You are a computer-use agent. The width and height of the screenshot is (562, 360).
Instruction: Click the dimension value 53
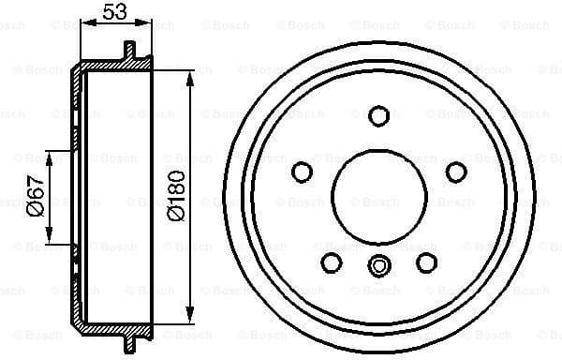pyautogui.click(x=115, y=11)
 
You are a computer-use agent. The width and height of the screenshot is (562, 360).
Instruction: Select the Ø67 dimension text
pyautogui.click(x=34, y=199)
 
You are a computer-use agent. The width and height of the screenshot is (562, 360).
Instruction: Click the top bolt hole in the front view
pyautogui.click(x=378, y=115)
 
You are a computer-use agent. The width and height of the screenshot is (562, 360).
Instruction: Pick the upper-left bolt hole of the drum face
pyautogui.click(x=303, y=172)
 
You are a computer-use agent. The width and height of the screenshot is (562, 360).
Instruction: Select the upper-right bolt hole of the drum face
pyautogui.click(x=456, y=172)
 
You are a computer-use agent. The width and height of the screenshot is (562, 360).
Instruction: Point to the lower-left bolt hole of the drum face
pyautogui.click(x=332, y=262)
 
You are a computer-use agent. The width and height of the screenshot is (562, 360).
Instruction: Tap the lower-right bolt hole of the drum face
pyautogui.click(x=426, y=262)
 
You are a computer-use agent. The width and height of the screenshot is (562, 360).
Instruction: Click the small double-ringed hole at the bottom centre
pyautogui.click(x=378, y=265)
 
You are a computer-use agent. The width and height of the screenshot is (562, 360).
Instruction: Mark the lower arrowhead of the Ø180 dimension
pyautogui.click(x=190, y=316)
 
